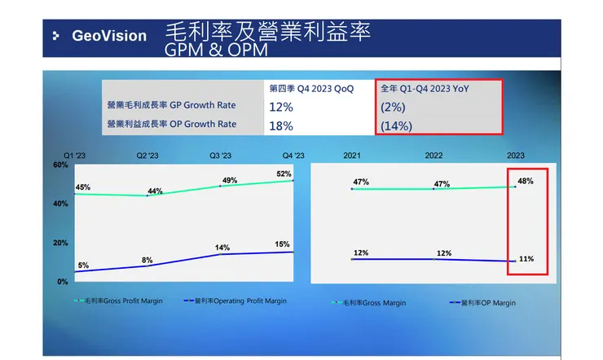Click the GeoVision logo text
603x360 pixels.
(x=108, y=36)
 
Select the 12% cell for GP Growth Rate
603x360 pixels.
(x=280, y=106)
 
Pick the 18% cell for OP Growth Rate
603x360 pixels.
(x=280, y=125)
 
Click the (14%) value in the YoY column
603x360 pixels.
(x=397, y=125)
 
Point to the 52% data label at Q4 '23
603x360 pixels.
(x=284, y=173)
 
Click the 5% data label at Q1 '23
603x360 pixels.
(x=83, y=265)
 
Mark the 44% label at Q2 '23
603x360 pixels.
(x=155, y=191)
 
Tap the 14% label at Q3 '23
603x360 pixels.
(x=222, y=248)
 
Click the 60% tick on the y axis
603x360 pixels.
(x=60, y=165)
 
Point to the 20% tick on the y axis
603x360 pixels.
(x=60, y=243)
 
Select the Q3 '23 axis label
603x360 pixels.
(x=220, y=156)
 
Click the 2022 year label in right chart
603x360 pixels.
(x=434, y=155)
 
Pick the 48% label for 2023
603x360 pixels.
(x=526, y=181)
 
